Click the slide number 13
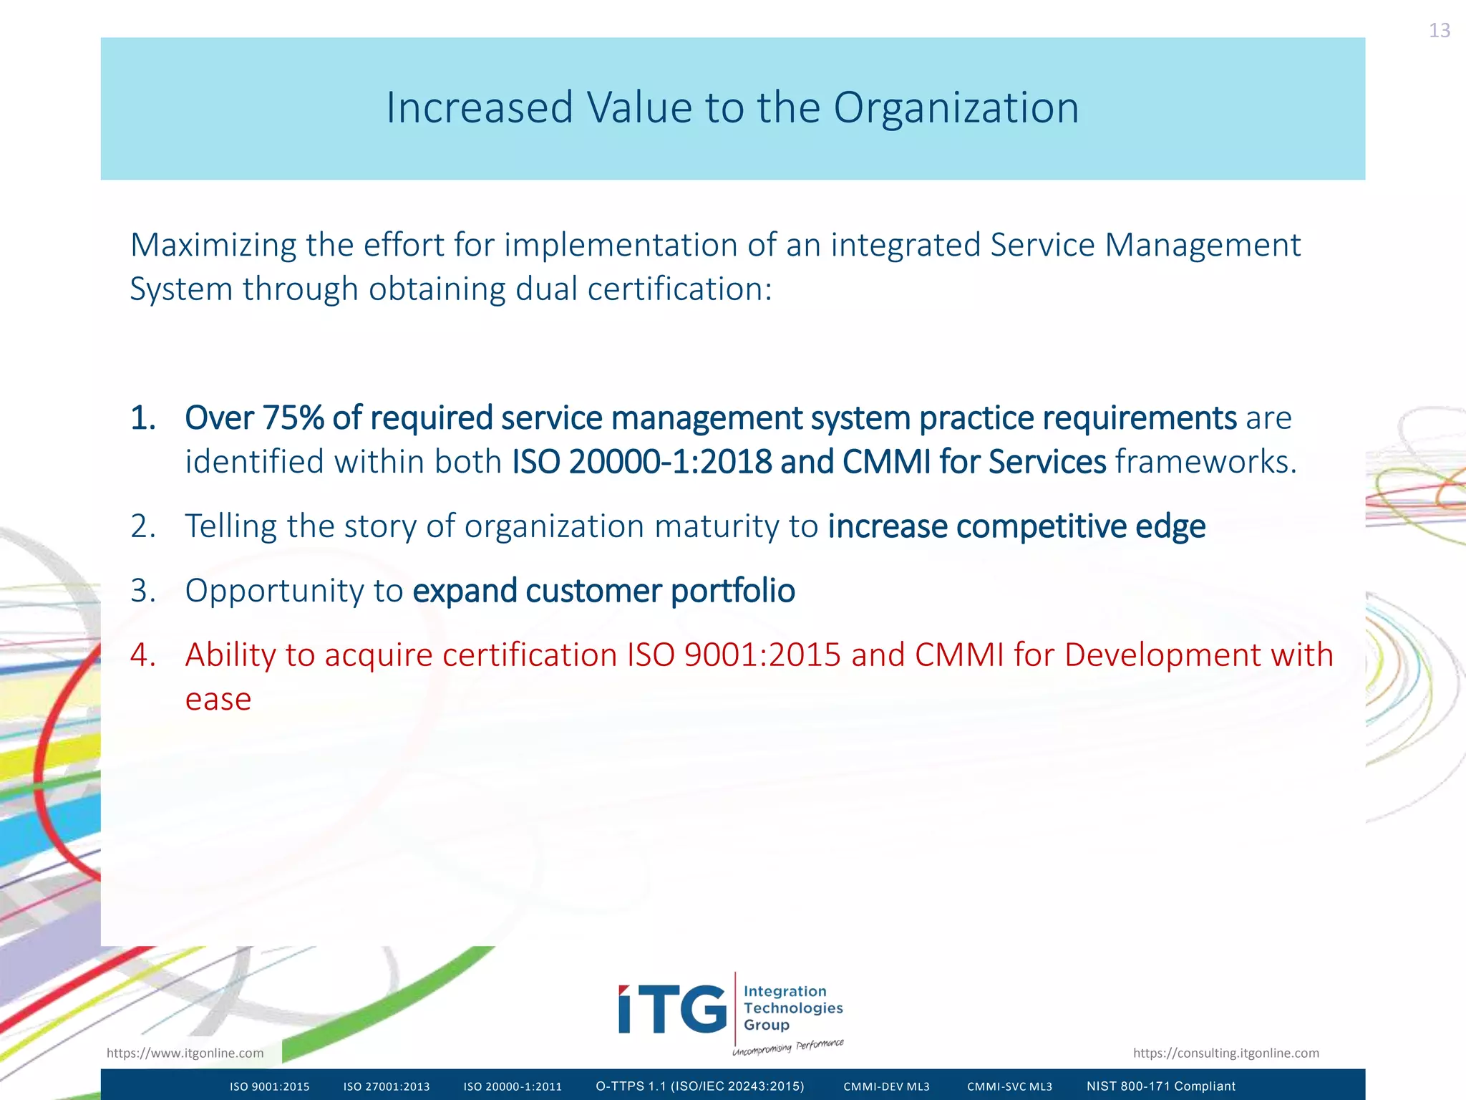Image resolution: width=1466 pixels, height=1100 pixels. tap(1439, 31)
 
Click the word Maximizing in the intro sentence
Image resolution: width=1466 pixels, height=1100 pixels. tap(213, 246)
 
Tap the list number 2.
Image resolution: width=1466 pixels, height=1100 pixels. tap(142, 527)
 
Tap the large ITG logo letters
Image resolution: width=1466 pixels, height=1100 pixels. tap(672, 1010)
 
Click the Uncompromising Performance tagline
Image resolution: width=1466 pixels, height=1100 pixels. tap(787, 1047)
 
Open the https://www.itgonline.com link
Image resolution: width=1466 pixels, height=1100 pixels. tap(185, 1053)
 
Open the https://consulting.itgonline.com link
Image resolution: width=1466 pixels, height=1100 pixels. tap(1225, 1053)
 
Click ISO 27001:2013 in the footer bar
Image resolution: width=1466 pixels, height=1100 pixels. tap(387, 1086)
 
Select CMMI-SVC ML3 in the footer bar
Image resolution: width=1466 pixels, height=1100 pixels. tap(1009, 1086)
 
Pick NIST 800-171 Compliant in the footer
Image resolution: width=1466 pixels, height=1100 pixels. tap(1161, 1086)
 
